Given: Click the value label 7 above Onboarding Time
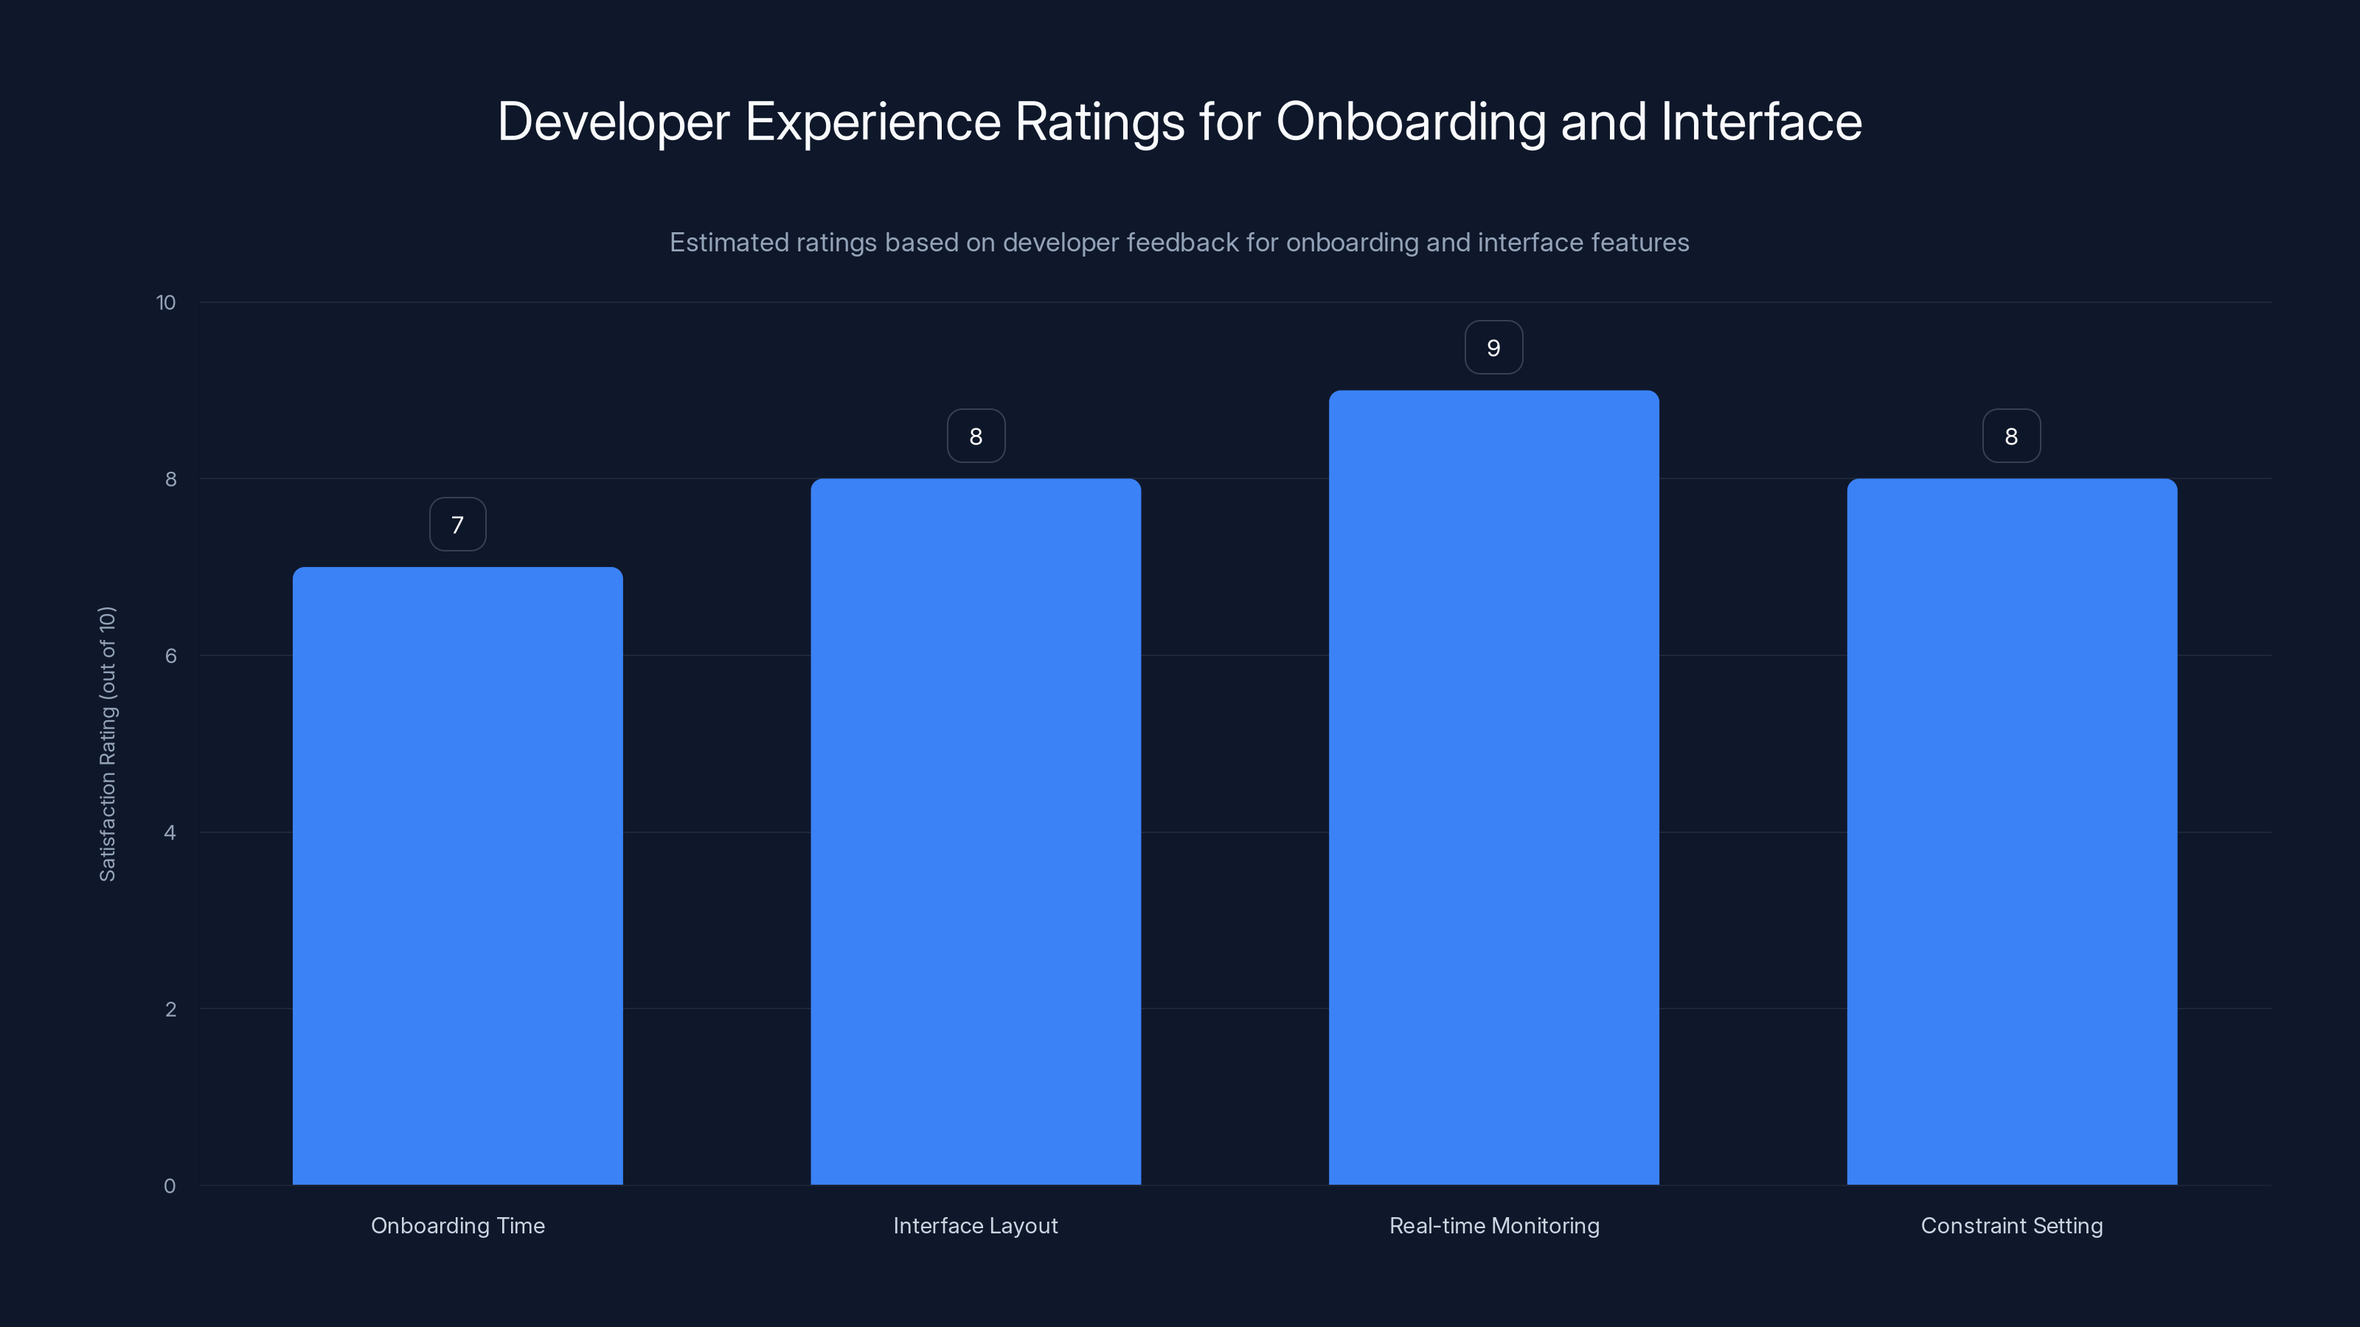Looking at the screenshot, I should pos(457,525).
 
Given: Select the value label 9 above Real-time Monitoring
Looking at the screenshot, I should pos(1493,348).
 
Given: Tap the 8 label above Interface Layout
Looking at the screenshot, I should pos(976,436).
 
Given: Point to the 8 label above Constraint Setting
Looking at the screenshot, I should pos(2011,436).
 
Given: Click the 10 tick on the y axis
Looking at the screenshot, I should pos(166,302).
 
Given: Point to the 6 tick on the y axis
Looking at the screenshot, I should pos(170,655).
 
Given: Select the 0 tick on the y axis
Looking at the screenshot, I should pos(170,1186).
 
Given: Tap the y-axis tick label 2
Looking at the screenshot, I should pos(170,1009).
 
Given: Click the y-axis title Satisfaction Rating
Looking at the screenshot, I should pos(107,744).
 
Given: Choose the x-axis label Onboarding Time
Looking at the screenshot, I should pos(457,1225).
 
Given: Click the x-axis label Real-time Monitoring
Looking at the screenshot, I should pos(1493,1225).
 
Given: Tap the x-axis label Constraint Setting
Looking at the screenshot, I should pos(2011,1225).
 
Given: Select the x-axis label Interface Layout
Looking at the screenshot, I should pos(975,1225).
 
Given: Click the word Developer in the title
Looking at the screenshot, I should pos(613,122).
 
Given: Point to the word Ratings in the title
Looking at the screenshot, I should pos(1100,122).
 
